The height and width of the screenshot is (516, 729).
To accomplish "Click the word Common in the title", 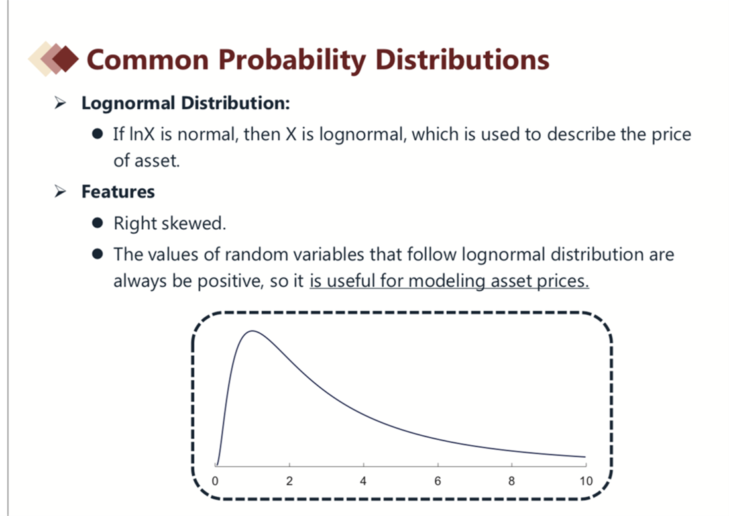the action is pos(148,60).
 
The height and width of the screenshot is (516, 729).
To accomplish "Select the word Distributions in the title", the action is pos(462,60).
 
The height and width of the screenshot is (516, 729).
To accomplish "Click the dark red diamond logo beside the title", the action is pos(66,59).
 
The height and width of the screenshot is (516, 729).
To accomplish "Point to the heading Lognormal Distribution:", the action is pos(186,103).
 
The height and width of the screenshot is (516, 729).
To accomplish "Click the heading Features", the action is pos(118,191).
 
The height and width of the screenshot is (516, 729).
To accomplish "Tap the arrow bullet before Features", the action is pos(60,191).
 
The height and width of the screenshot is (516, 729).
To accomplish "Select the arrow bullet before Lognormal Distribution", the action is pos(60,102).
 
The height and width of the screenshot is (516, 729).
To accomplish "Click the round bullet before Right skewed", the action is pos(97,223).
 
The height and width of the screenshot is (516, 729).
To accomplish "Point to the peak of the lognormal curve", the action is pos(252,331).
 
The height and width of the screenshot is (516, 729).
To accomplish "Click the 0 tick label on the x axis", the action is pos(215,481).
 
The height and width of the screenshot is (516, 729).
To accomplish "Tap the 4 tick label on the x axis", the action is pos(363,481).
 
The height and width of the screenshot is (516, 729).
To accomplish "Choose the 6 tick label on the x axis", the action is pos(437,481).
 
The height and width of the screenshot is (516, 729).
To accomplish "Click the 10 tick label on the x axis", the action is pos(586,481).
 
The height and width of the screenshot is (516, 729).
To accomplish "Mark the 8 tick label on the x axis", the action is pos(512,481).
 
